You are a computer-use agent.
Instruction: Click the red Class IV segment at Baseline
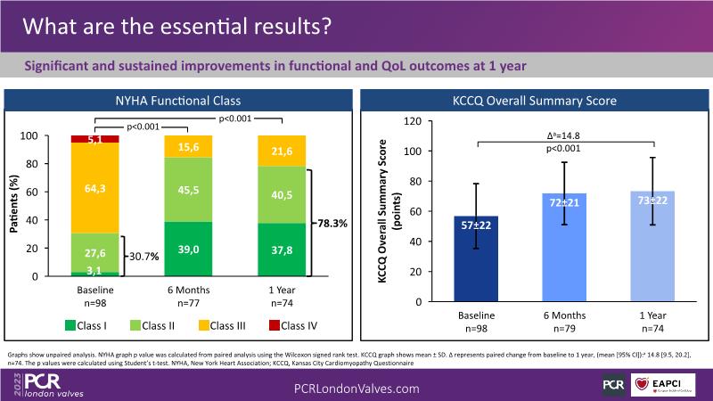(x=95, y=139)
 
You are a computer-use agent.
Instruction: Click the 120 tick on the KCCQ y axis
(x=411, y=120)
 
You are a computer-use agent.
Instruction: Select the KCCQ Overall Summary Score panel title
(x=536, y=101)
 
